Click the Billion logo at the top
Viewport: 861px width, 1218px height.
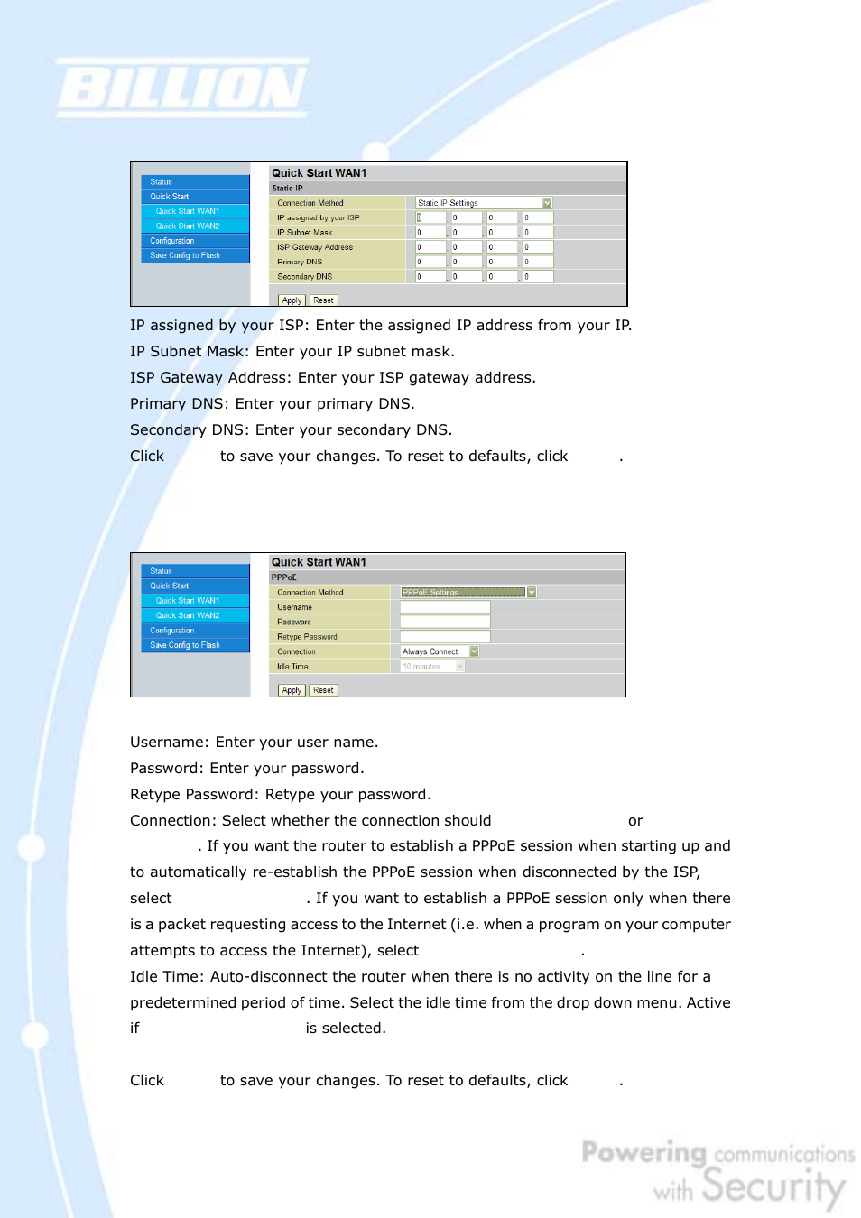183,88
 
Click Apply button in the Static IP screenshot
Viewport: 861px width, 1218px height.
291,300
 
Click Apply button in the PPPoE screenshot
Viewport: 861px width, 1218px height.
291,690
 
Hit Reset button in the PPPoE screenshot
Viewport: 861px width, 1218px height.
323,690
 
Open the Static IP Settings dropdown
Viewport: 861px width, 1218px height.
484,203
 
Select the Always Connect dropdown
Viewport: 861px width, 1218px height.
439,651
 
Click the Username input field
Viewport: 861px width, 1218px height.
445,607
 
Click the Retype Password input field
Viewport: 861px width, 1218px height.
445,637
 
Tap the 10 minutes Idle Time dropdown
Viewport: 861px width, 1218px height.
432,667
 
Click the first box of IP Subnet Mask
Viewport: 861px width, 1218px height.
430,233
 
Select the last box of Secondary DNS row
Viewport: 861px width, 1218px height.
538,277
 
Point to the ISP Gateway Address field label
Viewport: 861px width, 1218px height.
315,247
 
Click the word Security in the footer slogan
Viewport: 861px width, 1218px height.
773,1186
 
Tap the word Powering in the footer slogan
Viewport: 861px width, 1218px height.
643,1152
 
